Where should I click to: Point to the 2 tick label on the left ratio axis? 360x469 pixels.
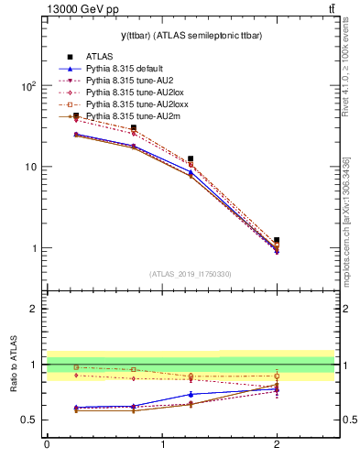point(33,309)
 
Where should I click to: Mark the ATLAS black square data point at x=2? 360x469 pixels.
point(277,240)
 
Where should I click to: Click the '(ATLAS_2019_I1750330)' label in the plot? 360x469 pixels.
point(191,274)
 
